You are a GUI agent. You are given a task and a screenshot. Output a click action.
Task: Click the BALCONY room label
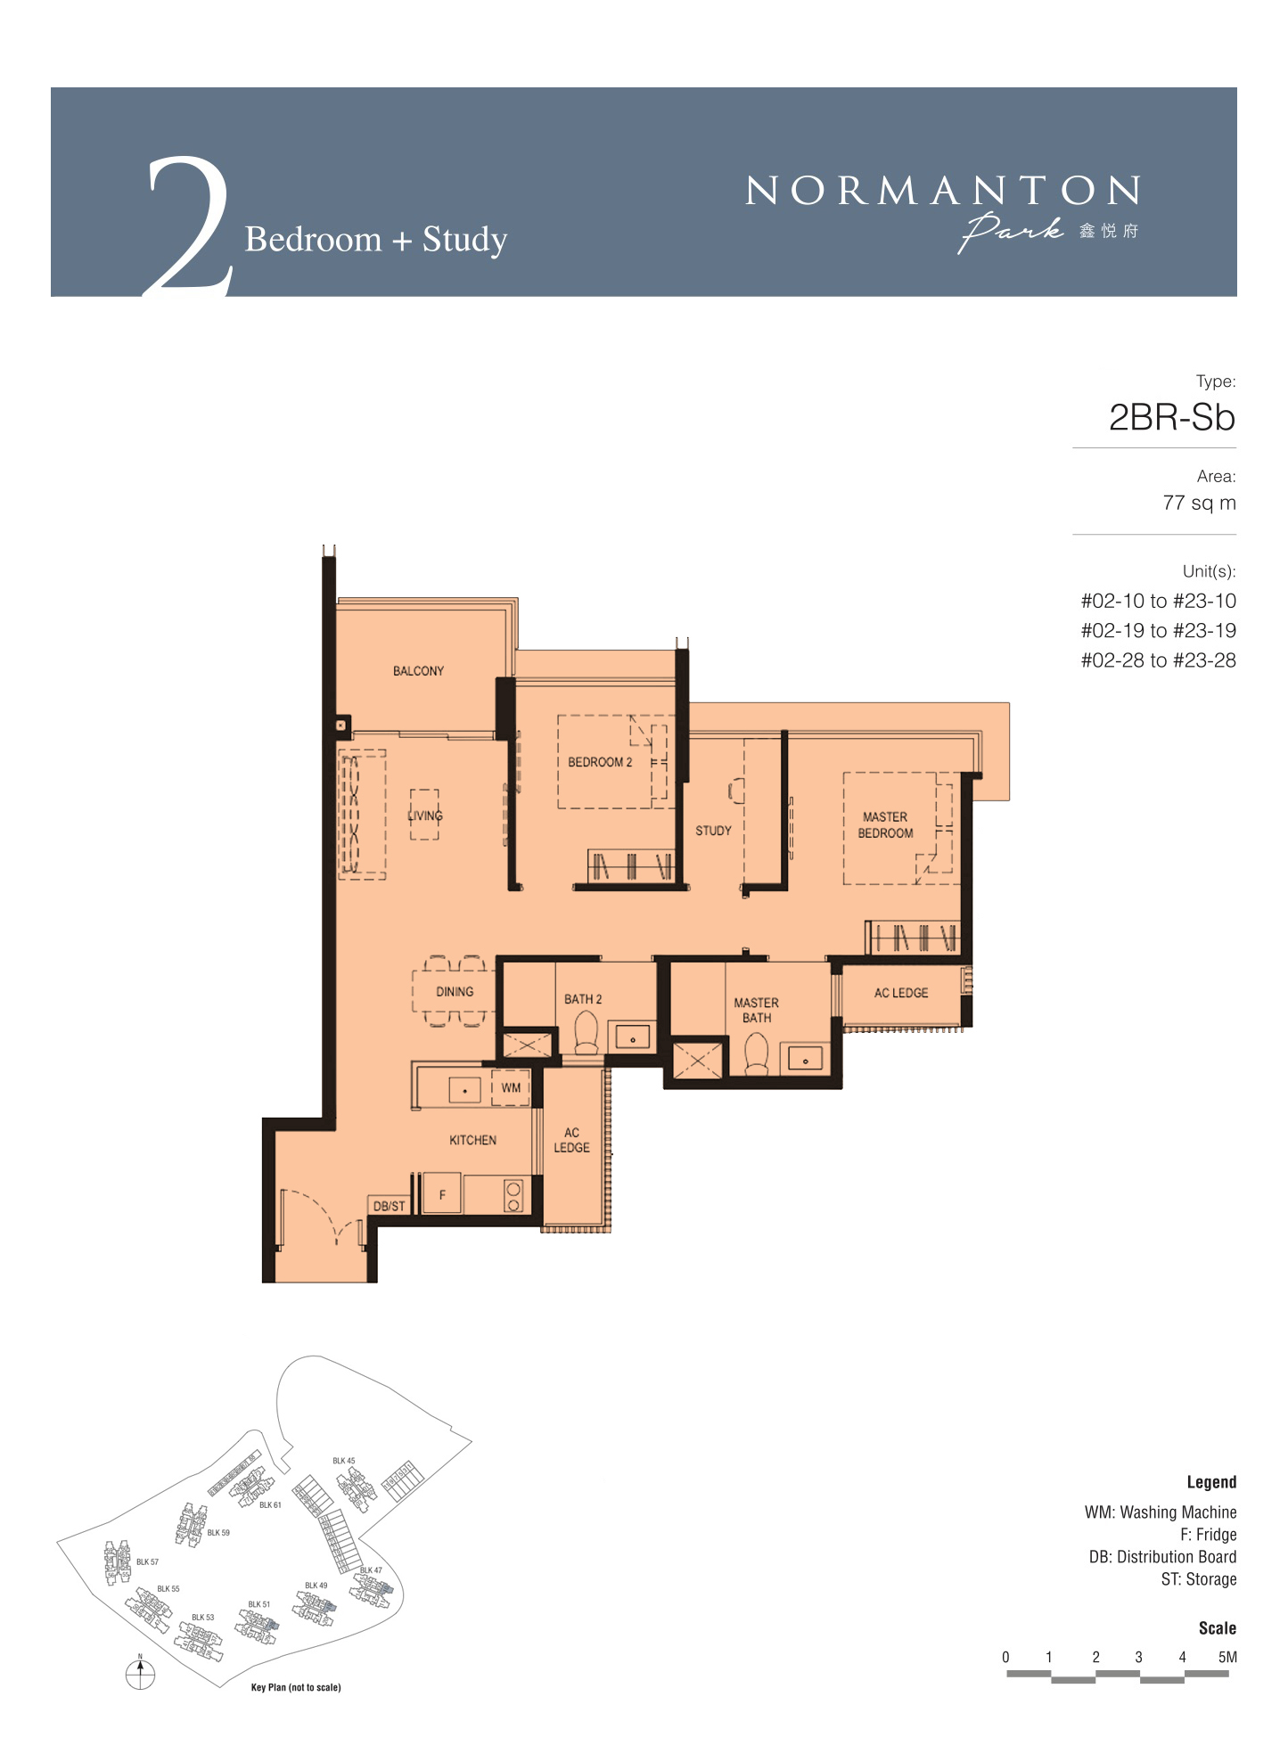pyautogui.click(x=418, y=671)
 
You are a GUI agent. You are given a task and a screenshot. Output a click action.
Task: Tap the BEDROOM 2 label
pyautogui.click(x=600, y=762)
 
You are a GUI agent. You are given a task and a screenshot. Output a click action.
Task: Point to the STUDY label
pyautogui.click(x=713, y=831)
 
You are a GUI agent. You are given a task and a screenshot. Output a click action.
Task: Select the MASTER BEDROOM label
pyautogui.click(x=885, y=825)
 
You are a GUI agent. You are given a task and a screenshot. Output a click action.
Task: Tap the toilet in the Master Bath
pyautogui.click(x=756, y=1053)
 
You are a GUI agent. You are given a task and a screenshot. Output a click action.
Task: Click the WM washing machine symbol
pyautogui.click(x=511, y=1088)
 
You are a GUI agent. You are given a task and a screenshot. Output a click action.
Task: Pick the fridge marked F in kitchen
pyautogui.click(x=441, y=1194)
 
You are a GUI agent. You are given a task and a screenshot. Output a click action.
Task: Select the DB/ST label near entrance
pyautogui.click(x=389, y=1206)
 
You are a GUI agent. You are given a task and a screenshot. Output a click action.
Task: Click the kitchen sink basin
pyautogui.click(x=464, y=1090)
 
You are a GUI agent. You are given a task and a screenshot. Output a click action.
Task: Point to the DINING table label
pyautogui.click(x=455, y=992)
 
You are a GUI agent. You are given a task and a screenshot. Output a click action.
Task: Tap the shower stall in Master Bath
pyautogui.click(x=698, y=1060)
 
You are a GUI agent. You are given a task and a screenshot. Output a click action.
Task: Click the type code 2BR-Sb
pyautogui.click(x=1171, y=418)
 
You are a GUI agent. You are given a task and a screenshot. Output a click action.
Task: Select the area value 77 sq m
pyautogui.click(x=1199, y=504)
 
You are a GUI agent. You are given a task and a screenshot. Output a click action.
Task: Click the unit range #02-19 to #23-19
pyautogui.click(x=1158, y=631)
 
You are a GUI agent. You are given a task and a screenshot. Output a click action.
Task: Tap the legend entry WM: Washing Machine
pyautogui.click(x=1161, y=1512)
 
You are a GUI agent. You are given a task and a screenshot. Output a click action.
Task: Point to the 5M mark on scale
pyautogui.click(x=1227, y=1658)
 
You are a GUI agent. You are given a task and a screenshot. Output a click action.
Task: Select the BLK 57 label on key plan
pyautogui.click(x=147, y=1562)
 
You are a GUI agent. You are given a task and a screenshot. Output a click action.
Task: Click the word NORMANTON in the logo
pyautogui.click(x=942, y=191)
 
